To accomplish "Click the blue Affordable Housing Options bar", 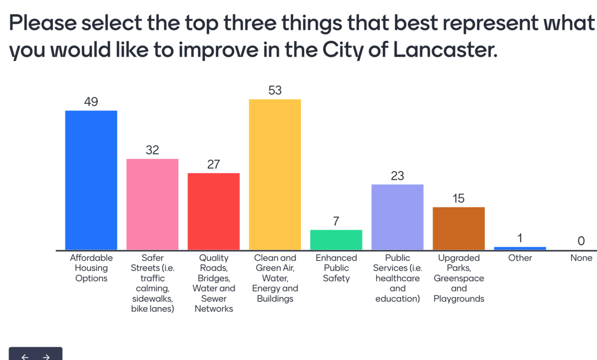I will [91, 180].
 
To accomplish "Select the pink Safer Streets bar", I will [152, 204].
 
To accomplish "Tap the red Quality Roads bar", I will [214, 211].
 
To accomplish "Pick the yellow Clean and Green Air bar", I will [275, 174].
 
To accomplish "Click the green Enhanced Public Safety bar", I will [336, 240].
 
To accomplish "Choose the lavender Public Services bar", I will [397, 217].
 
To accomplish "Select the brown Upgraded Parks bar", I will [459, 228].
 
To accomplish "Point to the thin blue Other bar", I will [520, 248].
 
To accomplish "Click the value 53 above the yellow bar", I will [275, 90].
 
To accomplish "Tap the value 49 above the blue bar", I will [91, 102].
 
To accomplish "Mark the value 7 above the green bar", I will [336, 221].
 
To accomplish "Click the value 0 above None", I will [581, 241].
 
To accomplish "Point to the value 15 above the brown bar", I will [459, 199].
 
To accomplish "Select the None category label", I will [581, 258].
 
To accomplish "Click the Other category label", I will [520, 258].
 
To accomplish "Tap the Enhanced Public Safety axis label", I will [336, 268].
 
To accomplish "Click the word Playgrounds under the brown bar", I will [459, 299].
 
